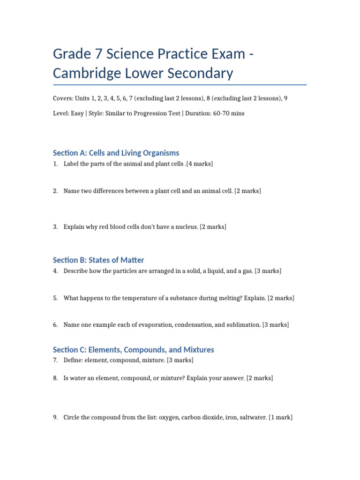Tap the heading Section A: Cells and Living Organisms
(116, 153)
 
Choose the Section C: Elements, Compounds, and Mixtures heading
(133, 350)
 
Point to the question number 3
(55, 227)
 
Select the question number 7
(55, 360)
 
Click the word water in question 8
(79, 378)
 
